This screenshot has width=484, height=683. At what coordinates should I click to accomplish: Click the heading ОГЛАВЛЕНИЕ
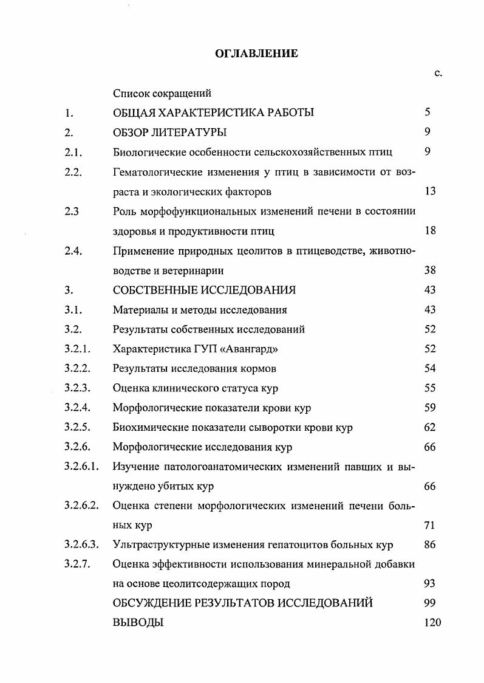(257, 54)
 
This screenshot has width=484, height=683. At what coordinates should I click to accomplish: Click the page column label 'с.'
(438, 74)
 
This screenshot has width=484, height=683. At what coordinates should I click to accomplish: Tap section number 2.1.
(73, 152)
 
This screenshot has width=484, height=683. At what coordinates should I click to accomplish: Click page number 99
(430, 603)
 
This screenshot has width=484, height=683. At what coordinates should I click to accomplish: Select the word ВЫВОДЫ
(138, 622)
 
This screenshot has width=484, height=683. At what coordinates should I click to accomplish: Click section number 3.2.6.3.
(81, 544)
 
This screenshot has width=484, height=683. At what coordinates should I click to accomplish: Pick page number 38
(430, 271)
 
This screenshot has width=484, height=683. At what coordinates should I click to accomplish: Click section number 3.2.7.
(77, 564)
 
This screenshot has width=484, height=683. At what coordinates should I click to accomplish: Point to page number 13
(430, 191)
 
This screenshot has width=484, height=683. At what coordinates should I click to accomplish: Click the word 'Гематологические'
(155, 172)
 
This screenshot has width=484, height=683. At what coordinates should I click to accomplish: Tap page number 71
(430, 525)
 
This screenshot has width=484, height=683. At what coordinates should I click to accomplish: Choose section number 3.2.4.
(77, 407)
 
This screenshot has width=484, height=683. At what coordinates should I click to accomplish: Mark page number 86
(430, 544)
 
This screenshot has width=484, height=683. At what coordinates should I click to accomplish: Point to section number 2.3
(71, 211)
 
